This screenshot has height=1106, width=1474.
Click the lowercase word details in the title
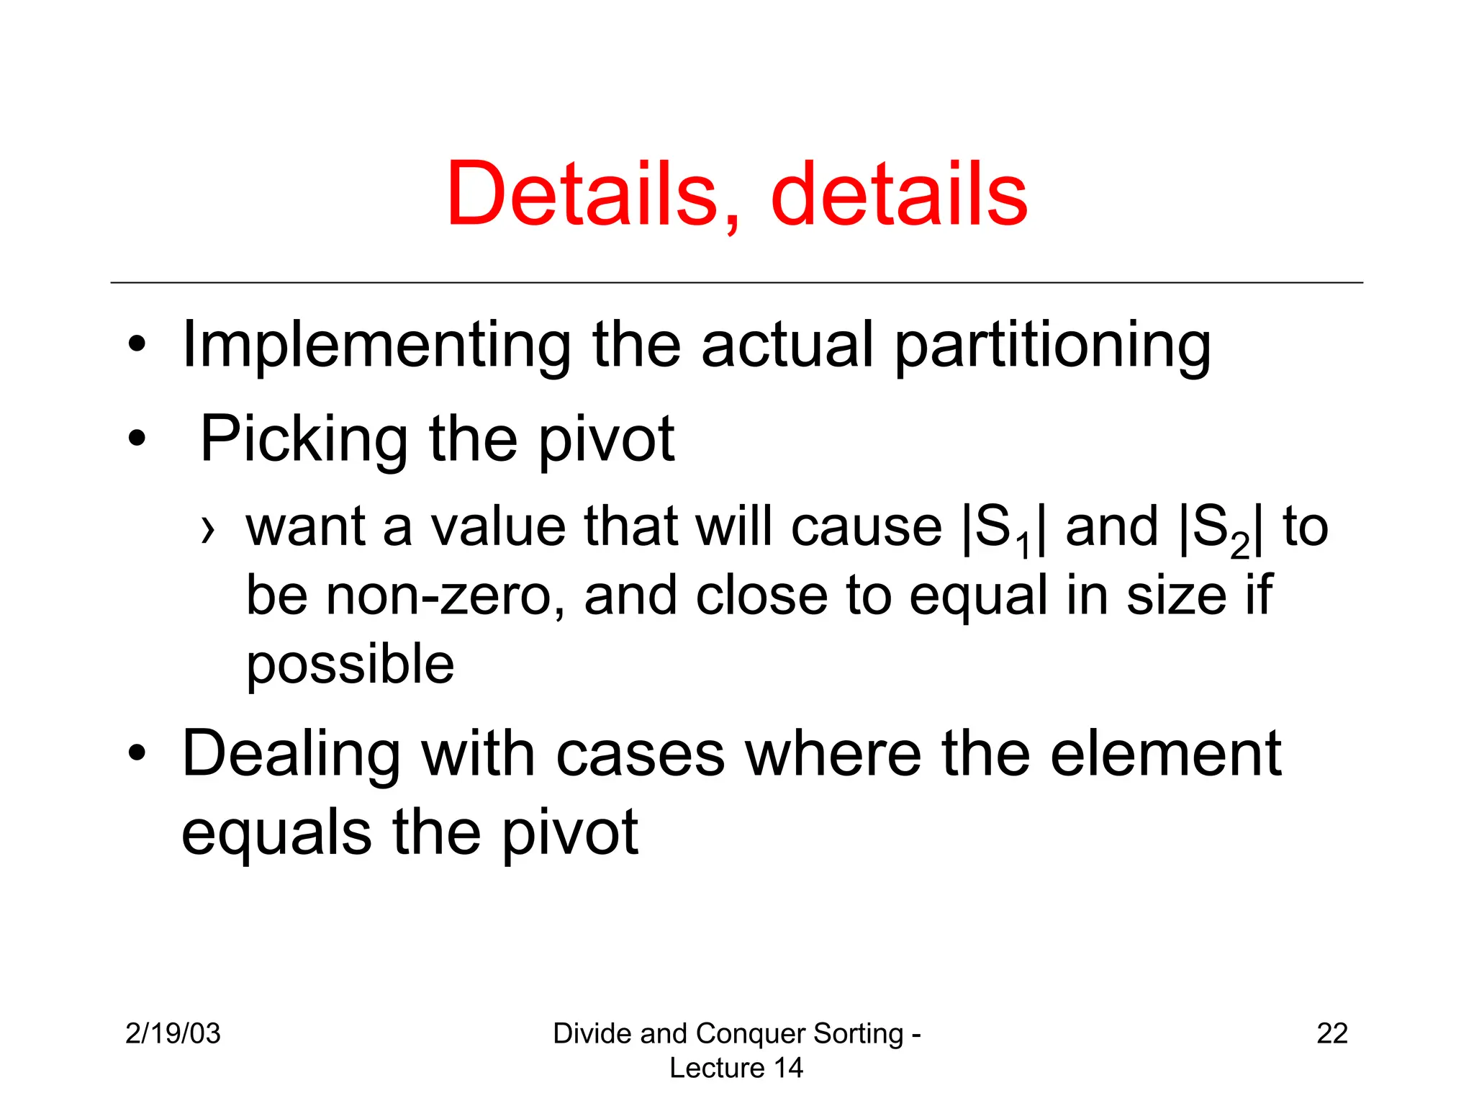pyautogui.click(x=899, y=194)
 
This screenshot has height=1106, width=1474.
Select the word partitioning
pyautogui.click(x=1052, y=346)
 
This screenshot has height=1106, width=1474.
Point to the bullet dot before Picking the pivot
pyautogui.click(x=137, y=438)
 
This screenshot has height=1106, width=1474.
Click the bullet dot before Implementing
pyautogui.click(x=137, y=344)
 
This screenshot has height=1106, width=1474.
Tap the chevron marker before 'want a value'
pyautogui.click(x=208, y=530)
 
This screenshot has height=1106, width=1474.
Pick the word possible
pyautogui.click(x=350, y=664)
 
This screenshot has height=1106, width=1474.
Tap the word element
pyautogui.click(x=1165, y=753)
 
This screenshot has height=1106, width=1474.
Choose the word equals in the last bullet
pyautogui.click(x=276, y=832)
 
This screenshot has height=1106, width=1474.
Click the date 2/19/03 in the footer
pyautogui.click(x=173, y=1033)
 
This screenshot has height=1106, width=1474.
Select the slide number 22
pyautogui.click(x=1331, y=1033)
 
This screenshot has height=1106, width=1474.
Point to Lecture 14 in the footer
pyautogui.click(x=736, y=1068)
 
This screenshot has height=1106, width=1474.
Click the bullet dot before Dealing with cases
pyautogui.click(x=137, y=753)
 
